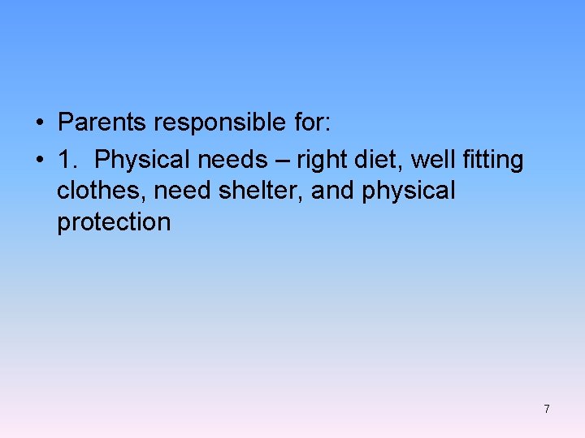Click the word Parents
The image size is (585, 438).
tap(102, 122)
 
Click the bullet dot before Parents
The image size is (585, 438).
tap(39, 124)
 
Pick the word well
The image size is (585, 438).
tap(430, 160)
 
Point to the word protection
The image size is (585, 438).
tap(114, 222)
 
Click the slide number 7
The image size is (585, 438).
tap(547, 409)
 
